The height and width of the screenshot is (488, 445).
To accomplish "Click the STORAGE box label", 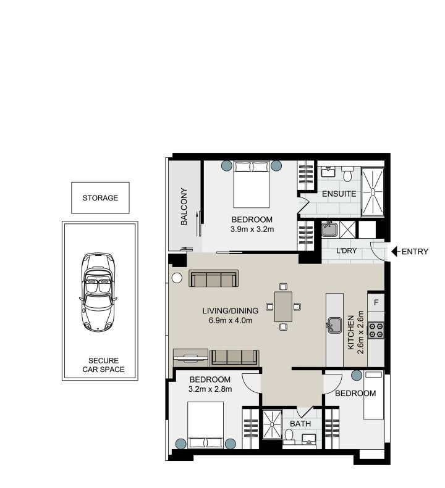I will tap(100, 198).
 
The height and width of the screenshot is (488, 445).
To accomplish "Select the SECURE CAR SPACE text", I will tap(103, 365).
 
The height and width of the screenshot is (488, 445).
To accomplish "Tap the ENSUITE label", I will tap(339, 194).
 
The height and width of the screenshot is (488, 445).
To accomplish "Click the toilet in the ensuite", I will tap(347, 176).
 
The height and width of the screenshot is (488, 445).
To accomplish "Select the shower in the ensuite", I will tap(373, 191).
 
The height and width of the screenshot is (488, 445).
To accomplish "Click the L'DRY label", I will tap(347, 252).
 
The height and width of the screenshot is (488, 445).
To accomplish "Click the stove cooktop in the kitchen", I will tap(376, 331).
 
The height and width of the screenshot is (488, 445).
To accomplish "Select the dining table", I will tap(283, 306).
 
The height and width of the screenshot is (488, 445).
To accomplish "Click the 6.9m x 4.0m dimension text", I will tap(230, 320).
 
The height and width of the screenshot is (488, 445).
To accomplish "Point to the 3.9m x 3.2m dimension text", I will tap(252, 230).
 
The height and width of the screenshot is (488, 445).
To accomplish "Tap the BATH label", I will tap(300, 424).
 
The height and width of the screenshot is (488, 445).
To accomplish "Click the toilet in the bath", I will tap(289, 437).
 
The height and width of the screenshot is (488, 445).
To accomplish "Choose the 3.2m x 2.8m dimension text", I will tap(210, 389).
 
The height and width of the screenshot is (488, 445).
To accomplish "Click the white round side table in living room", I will tap(177, 278).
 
